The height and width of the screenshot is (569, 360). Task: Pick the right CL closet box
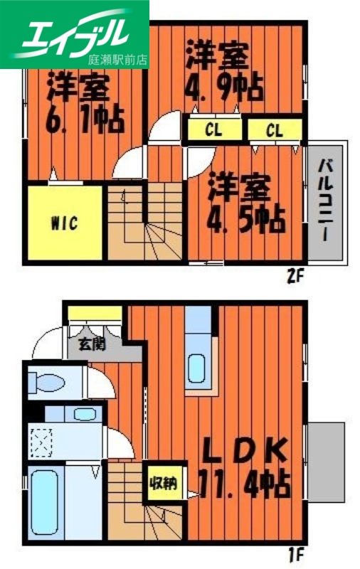coord(275,130)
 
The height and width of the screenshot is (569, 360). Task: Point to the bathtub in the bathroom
coord(44,502)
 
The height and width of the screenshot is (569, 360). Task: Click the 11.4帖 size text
coord(244,485)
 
